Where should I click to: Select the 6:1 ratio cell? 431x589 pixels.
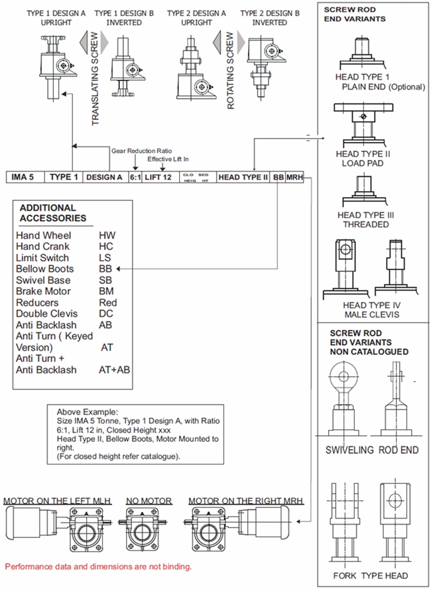pyautogui.click(x=135, y=178)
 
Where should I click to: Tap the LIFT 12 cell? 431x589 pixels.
pyautogui.click(x=158, y=178)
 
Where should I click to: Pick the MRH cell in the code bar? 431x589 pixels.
pyautogui.click(x=294, y=178)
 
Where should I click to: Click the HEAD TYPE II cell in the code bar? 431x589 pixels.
pyautogui.click(x=243, y=178)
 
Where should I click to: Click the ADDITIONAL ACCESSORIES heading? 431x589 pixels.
pyautogui.click(x=52, y=212)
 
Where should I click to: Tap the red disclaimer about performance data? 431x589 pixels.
pyautogui.click(x=98, y=567)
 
